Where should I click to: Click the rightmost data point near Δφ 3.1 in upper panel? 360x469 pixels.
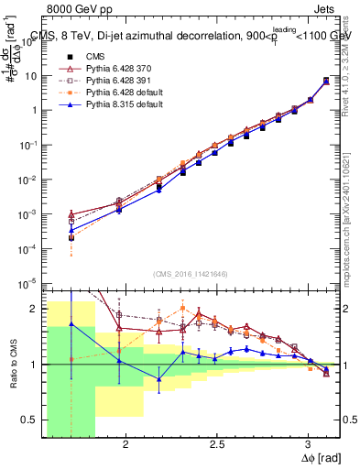[x=326, y=82]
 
